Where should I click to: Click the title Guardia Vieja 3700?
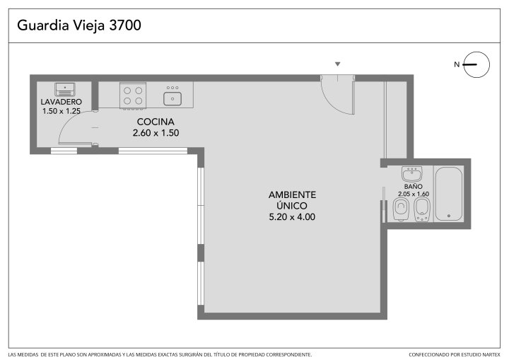pos(79,25)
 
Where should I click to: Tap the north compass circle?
pos(476,52)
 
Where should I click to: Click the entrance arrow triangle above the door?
pos(338,64)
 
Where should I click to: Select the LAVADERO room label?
pos(61,102)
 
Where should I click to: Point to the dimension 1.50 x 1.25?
pos(62,111)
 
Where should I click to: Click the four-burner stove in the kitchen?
pos(133,95)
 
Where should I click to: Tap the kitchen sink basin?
pos(172,98)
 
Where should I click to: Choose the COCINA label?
pos(156,122)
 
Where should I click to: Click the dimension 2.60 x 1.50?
pos(156,133)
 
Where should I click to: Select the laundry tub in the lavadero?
pos(65,89)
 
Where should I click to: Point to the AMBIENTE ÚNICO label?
pos(292,200)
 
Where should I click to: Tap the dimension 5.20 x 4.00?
pos(292,217)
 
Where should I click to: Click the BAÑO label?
pos(414,187)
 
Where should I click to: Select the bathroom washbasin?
pos(412,174)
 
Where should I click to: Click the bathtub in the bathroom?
pos(449,194)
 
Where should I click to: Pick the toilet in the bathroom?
pos(401,209)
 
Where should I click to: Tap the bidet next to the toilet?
pos(422,209)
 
